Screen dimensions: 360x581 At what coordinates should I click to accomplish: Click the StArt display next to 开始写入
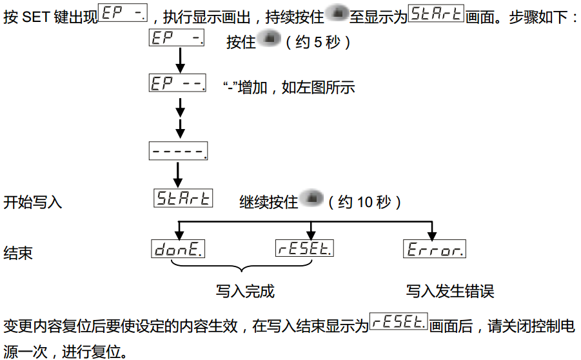[183, 197]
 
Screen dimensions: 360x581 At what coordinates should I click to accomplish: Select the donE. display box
[179, 248]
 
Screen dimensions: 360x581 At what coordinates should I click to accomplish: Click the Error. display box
[434, 248]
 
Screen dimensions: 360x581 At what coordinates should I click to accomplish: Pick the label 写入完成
[245, 291]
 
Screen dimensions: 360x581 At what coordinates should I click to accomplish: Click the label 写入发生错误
[450, 291]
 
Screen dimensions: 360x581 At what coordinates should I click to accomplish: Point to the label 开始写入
[33, 202]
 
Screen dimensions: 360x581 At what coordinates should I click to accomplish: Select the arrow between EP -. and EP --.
[181, 61]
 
